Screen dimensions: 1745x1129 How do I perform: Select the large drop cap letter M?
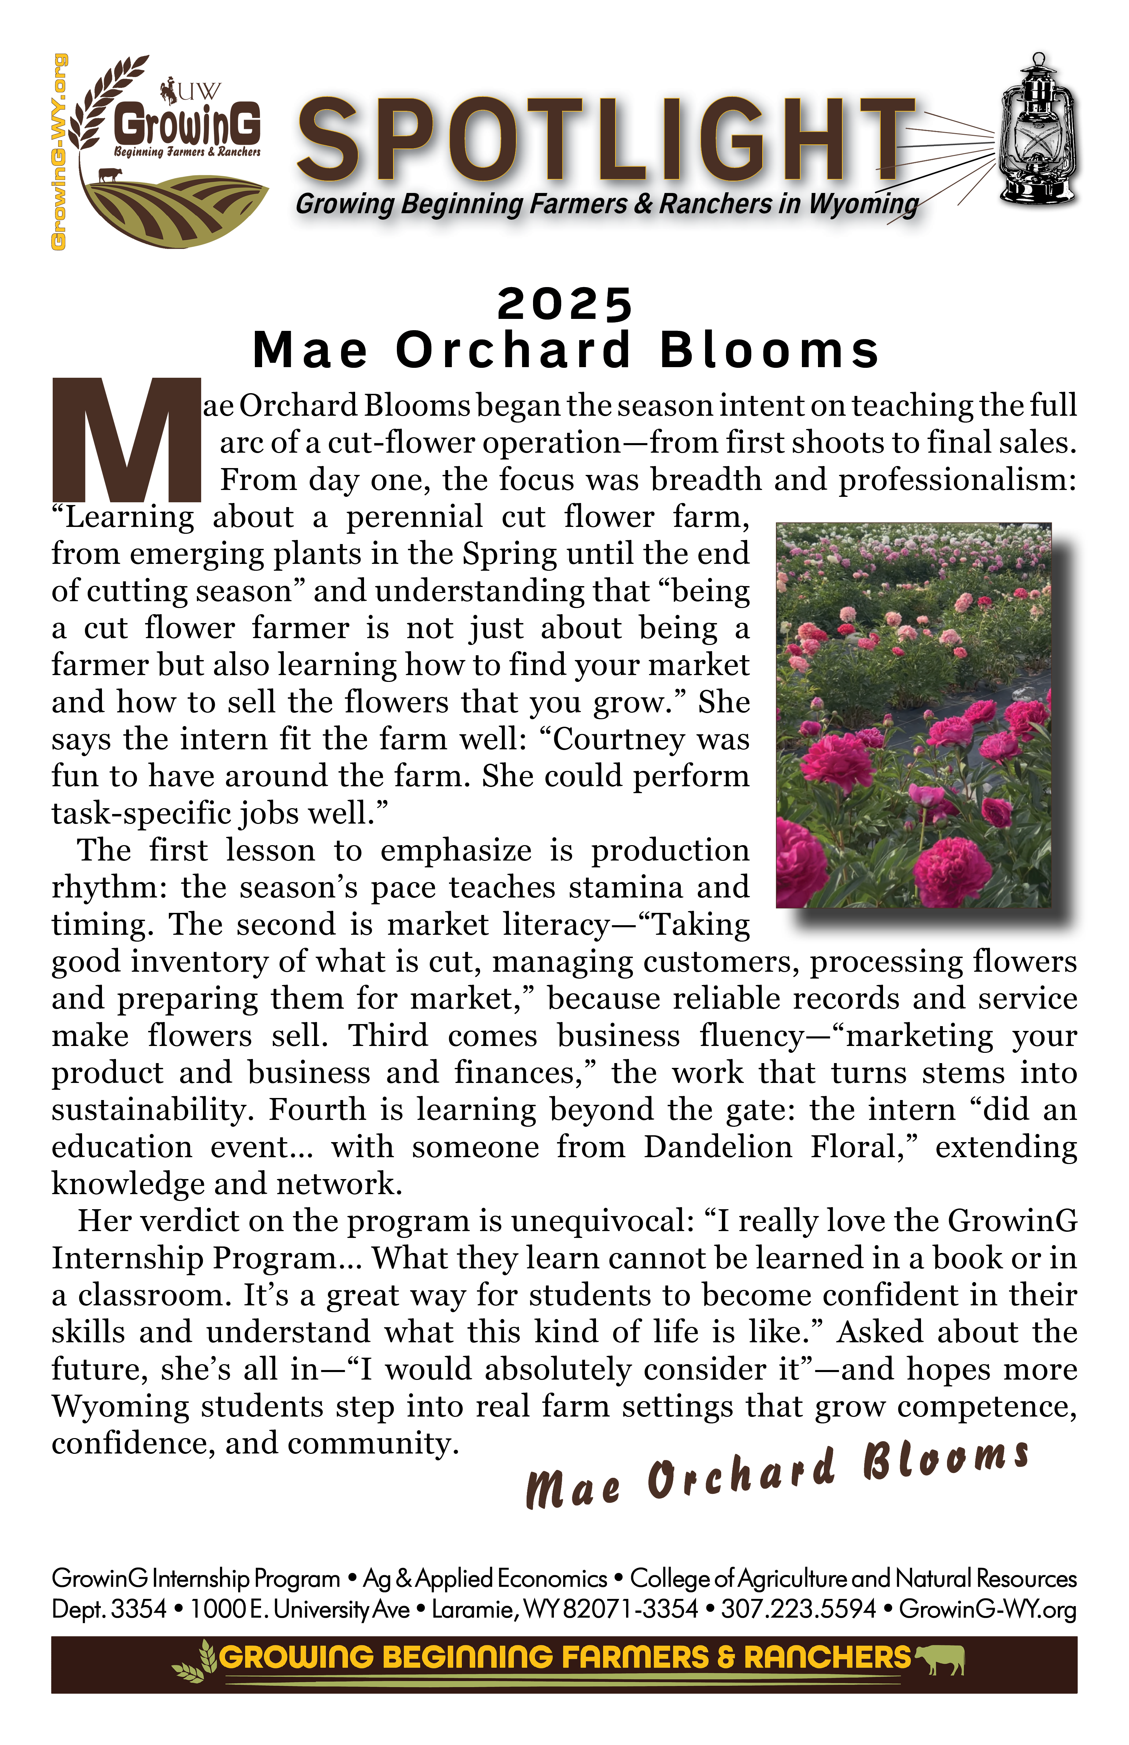click(126, 440)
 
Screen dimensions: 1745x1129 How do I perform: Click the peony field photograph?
click(913, 715)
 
